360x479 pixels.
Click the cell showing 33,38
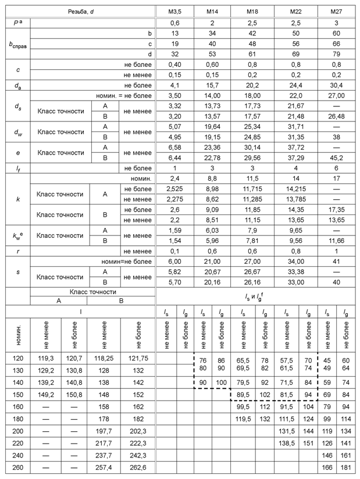(297, 271)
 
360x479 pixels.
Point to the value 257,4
(104, 468)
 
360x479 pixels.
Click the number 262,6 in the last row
(138, 468)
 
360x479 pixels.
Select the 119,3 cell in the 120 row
(42, 360)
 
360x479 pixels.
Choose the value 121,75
(138, 360)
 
